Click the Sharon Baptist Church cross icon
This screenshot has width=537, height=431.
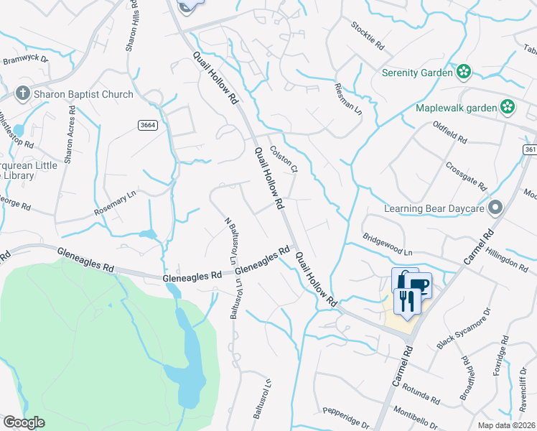click(23, 93)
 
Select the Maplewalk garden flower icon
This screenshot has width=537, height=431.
click(508, 108)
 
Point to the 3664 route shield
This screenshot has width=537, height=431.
click(148, 125)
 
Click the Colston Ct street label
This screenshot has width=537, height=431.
click(284, 160)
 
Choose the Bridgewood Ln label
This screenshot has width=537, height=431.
click(388, 244)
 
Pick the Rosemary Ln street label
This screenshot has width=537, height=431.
click(115, 203)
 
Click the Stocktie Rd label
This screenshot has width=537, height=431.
click(368, 34)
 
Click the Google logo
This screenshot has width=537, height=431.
click(24, 422)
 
